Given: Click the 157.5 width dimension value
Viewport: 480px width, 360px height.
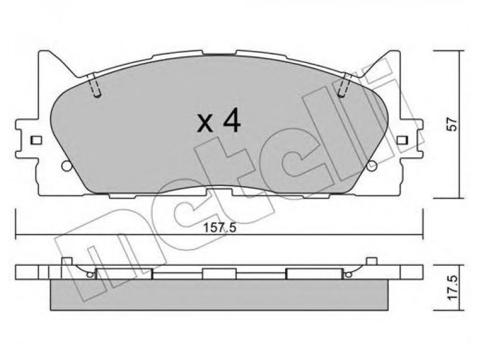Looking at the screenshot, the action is click(x=220, y=228).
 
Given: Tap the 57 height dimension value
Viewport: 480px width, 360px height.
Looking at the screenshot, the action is click(x=453, y=124).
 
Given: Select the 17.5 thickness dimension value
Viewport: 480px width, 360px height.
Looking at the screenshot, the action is click(x=453, y=287).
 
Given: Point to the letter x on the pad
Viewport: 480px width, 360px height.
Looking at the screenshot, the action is click(x=205, y=124).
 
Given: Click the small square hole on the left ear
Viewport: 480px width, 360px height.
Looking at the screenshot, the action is click(x=37, y=140).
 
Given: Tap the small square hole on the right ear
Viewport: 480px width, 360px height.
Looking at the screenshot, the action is click(x=403, y=140).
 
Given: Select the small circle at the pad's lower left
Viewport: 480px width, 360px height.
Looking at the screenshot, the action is click(x=67, y=166).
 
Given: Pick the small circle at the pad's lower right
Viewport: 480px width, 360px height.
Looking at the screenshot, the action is click(x=372, y=166).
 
